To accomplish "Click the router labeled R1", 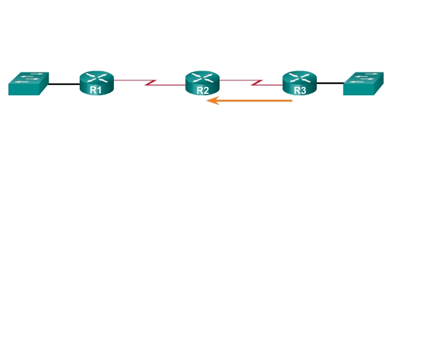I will pyautogui.click(x=97, y=84).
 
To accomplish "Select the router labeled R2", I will pyautogui.click(x=203, y=84).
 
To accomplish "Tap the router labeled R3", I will pyautogui.click(x=299, y=84).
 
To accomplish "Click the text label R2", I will pyautogui.click(x=203, y=91).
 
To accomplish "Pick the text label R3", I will pyautogui.click(x=299, y=91).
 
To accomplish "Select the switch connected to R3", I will pyautogui.click(x=363, y=84).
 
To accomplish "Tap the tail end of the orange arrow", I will pyautogui.click(x=292, y=101).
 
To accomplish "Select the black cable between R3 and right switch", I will pyautogui.click(x=330, y=84).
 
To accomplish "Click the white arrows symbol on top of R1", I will pyautogui.click(x=97, y=78).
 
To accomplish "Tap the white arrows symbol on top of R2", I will pyautogui.click(x=203, y=78).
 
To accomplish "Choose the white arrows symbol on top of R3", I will pyautogui.click(x=299, y=78).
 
